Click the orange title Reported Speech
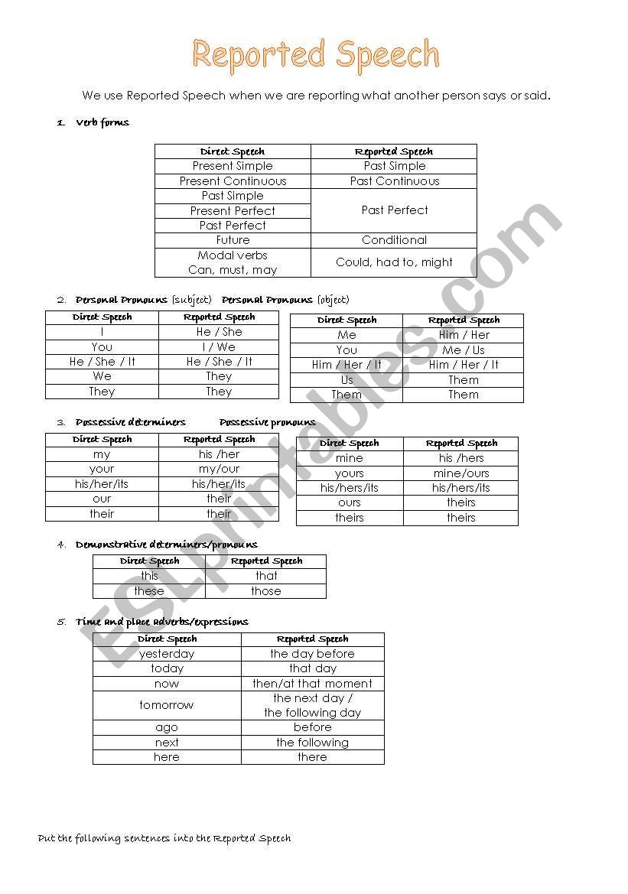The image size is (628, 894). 315,55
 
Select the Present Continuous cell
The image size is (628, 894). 233,181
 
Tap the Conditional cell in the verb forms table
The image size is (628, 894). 394,240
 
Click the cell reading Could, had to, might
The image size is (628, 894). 394,262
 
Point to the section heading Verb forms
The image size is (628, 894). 102,122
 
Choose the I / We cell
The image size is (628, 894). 218,347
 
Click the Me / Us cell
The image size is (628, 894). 463,350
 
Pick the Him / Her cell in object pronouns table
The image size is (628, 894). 464,335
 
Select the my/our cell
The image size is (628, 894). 219,469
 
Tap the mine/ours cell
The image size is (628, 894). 460,473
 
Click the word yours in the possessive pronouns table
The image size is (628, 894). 349,473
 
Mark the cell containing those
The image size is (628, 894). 265,591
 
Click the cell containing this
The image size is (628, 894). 149,576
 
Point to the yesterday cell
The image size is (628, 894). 167,654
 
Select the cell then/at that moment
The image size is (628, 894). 312,684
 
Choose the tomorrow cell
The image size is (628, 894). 167,705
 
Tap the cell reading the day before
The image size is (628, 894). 312,654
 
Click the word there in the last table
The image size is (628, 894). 312,757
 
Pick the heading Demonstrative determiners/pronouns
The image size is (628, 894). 166,545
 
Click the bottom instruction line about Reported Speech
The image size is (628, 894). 164,838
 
